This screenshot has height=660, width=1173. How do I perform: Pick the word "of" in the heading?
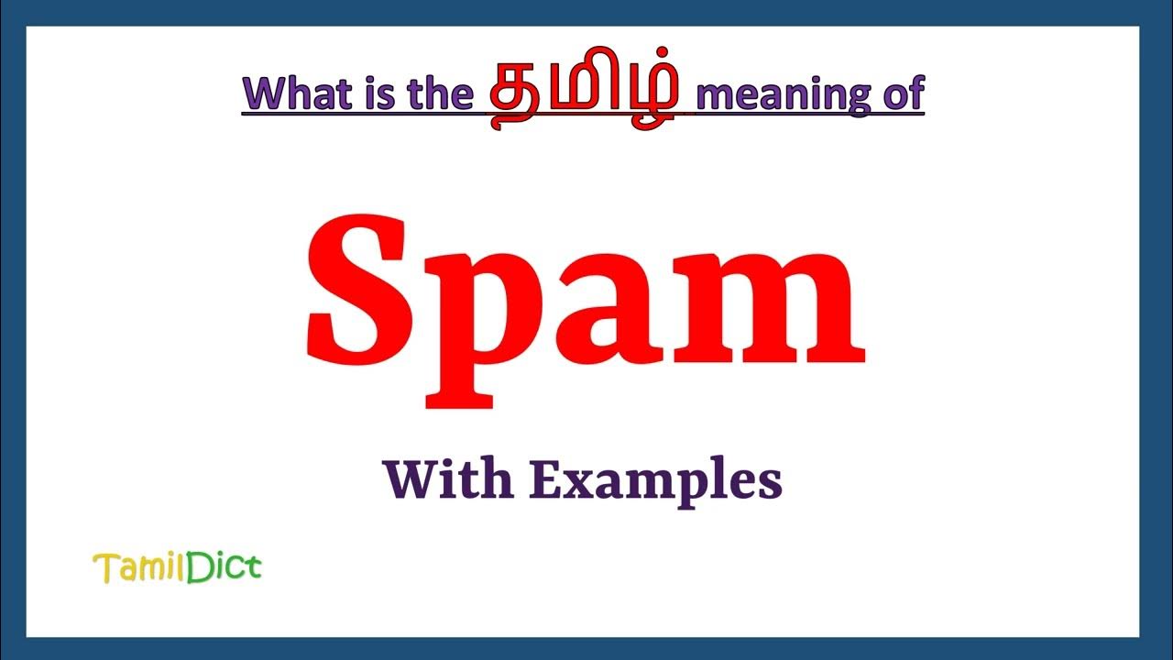[903, 94]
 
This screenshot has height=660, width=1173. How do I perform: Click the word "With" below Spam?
[447, 479]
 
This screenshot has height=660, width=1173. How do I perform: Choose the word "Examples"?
[656, 481]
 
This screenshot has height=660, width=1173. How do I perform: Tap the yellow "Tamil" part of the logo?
[139, 568]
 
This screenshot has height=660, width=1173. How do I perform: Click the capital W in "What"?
[264, 94]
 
